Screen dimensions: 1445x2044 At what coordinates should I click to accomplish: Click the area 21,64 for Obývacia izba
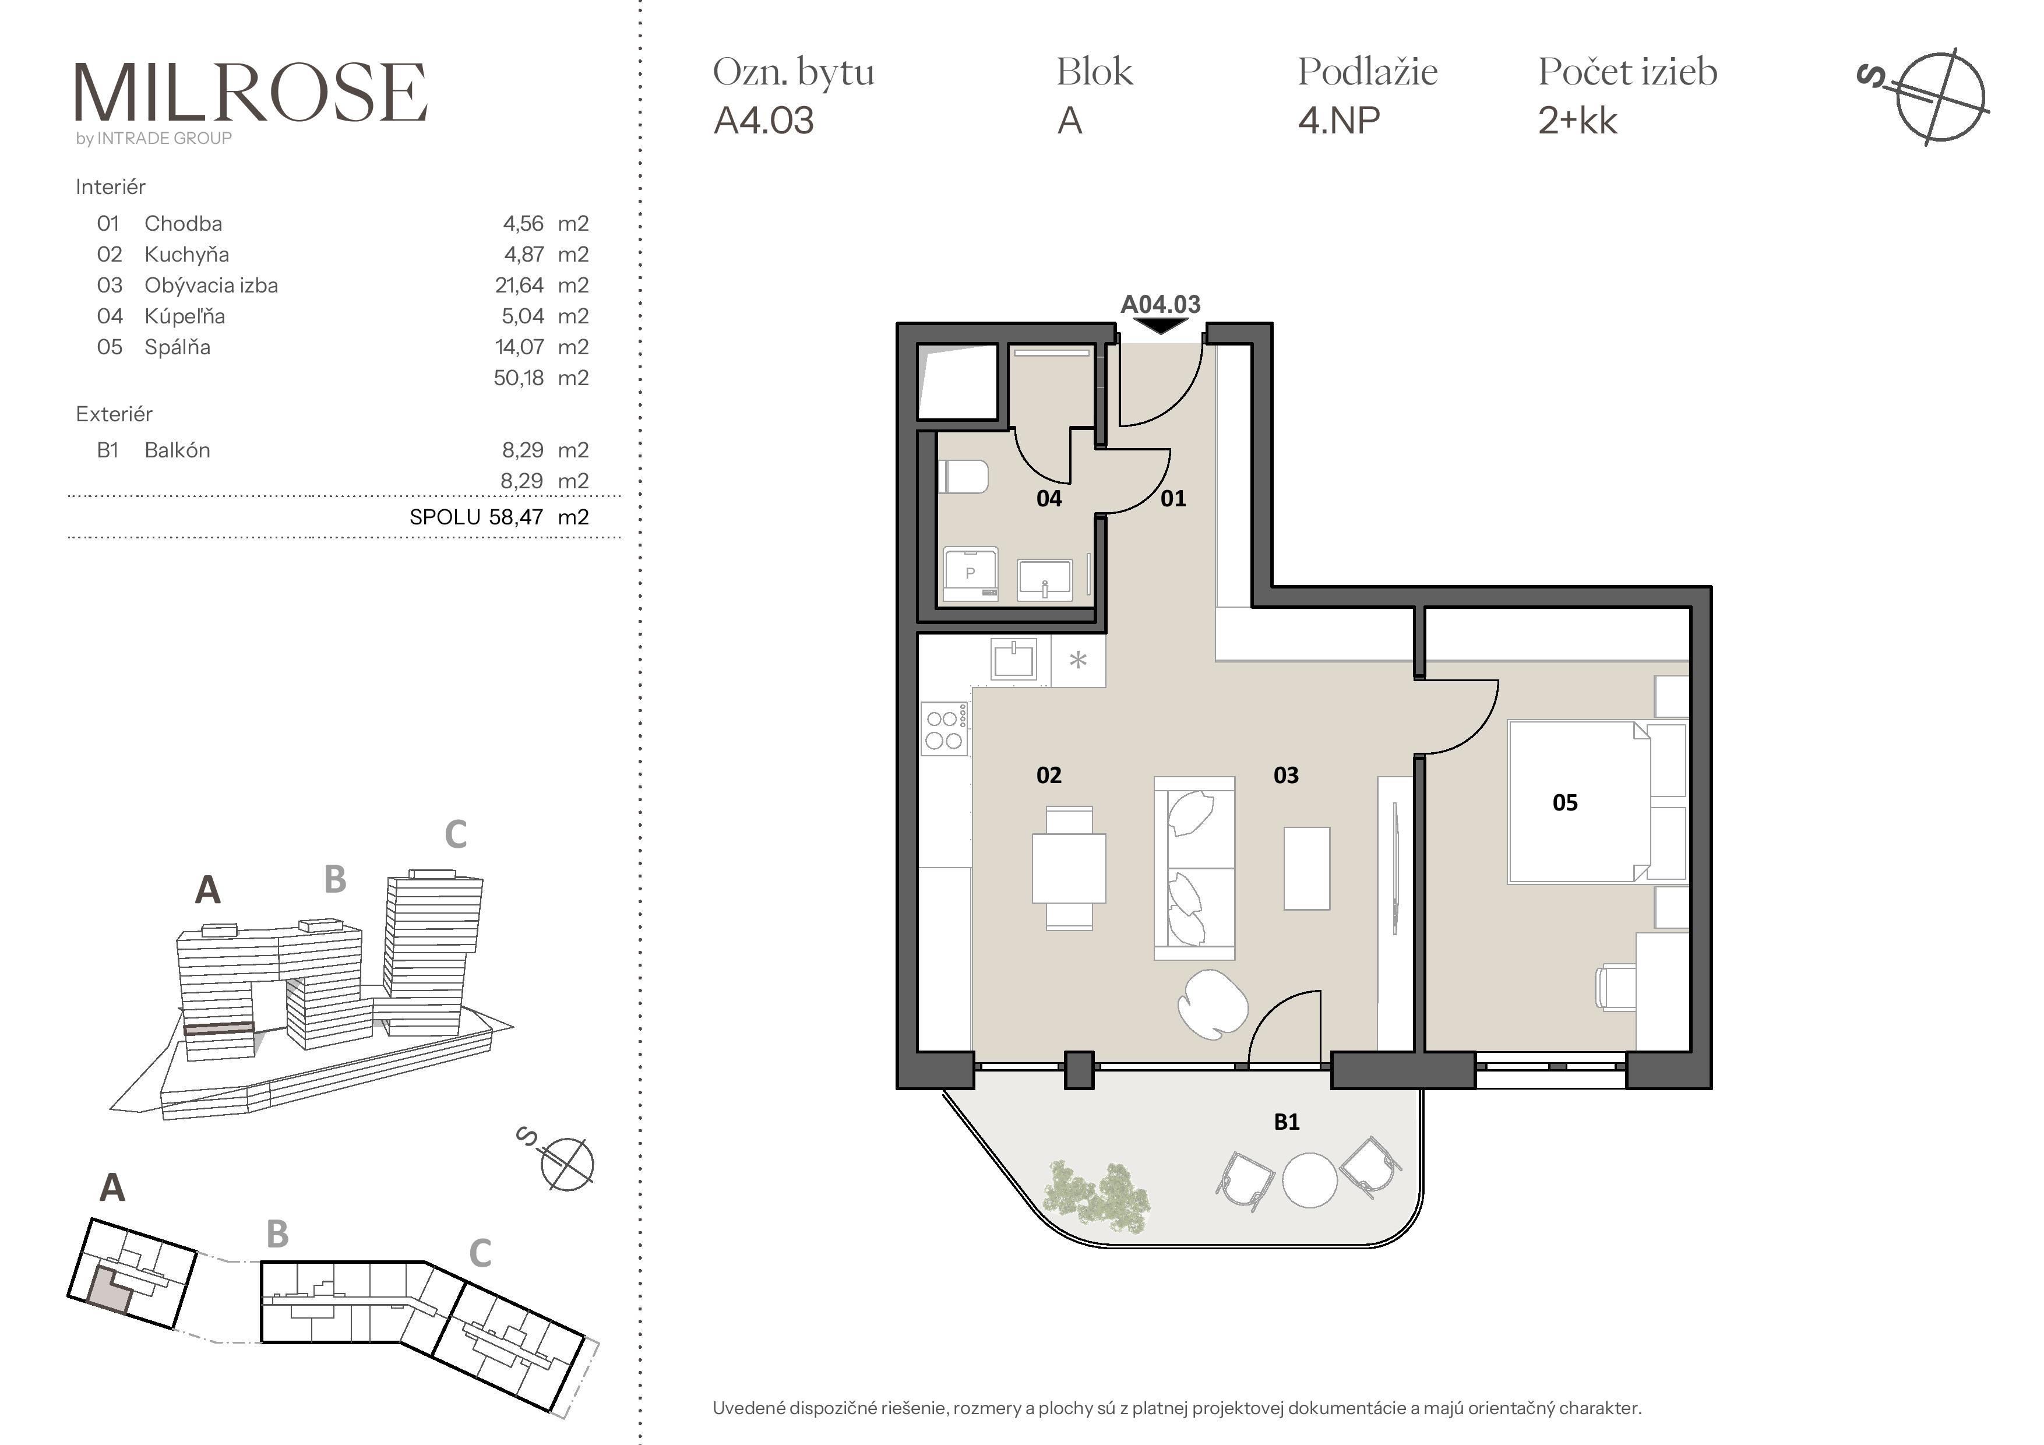tap(519, 286)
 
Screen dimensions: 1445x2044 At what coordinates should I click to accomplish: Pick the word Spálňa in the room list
tap(177, 347)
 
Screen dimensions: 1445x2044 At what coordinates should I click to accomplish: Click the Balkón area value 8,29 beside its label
tap(521, 450)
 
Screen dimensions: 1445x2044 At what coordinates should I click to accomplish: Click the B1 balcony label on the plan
tap(1287, 1122)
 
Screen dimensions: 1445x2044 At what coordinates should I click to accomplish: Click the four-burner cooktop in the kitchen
tap(944, 729)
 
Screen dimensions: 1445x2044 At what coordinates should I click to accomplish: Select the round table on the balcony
tap(1310, 1180)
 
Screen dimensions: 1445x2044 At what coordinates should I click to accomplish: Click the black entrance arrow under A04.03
tap(1161, 327)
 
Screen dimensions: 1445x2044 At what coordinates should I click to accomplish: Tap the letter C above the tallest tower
tap(456, 834)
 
